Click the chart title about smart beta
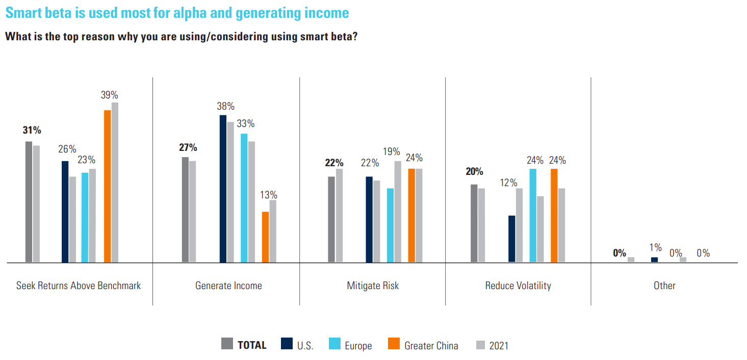177,13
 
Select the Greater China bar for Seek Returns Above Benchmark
107,186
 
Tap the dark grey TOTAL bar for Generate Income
185,210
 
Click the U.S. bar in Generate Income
223,189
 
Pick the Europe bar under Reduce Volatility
533,215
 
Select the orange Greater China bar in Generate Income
265,237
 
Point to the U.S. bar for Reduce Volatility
511,239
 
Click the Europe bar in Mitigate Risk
390,225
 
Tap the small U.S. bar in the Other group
654,260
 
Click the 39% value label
109,95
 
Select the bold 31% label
32,131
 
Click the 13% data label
268,195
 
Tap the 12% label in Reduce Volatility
508,183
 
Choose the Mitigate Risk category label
373,286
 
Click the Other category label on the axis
664,286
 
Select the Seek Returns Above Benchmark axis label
79,286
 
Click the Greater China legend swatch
394,344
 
